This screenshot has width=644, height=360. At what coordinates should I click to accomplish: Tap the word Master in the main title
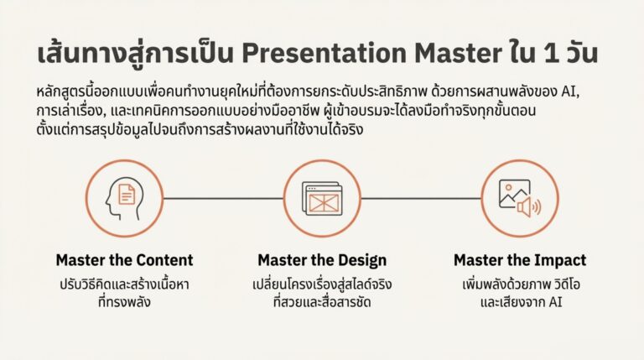coord(463,53)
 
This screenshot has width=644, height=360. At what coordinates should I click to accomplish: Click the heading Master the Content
coord(124,260)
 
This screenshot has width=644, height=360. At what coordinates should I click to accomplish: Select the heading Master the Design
coord(322,260)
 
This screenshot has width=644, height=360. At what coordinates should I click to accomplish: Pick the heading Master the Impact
coord(520,260)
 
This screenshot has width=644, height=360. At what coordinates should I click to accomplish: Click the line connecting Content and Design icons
coord(223,199)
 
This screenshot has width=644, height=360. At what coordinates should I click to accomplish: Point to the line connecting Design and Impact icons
coord(420,199)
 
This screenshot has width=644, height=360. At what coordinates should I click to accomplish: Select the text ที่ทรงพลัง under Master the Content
coord(124,301)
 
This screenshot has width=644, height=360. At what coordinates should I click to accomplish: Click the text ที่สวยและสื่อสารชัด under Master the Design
coord(322,301)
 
